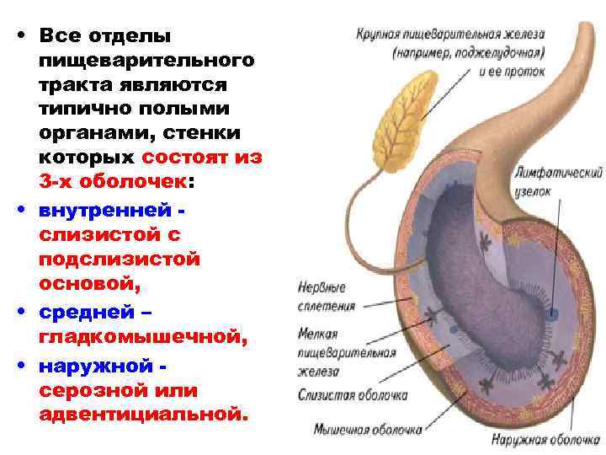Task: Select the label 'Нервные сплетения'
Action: click(327, 297)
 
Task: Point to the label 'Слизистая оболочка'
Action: click(353, 393)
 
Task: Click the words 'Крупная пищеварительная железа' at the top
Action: click(449, 35)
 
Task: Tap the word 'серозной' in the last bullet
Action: click(92, 391)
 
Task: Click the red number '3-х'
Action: click(58, 182)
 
